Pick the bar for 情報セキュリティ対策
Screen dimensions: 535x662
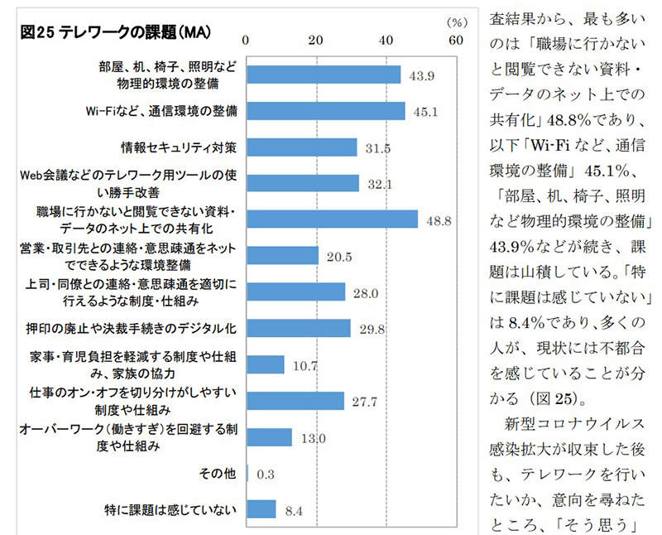tap(302, 147)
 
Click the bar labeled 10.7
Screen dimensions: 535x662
tap(266, 364)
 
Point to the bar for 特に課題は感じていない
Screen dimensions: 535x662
tap(261, 508)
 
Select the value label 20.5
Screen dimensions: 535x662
tap(339, 257)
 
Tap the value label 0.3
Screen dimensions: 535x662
tap(266, 475)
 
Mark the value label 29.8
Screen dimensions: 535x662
tap(372, 330)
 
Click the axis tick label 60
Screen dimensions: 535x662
tap(456, 39)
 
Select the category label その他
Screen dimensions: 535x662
tap(218, 473)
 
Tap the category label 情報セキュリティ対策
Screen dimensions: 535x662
tap(179, 147)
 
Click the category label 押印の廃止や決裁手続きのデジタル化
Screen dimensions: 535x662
tap(150, 328)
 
